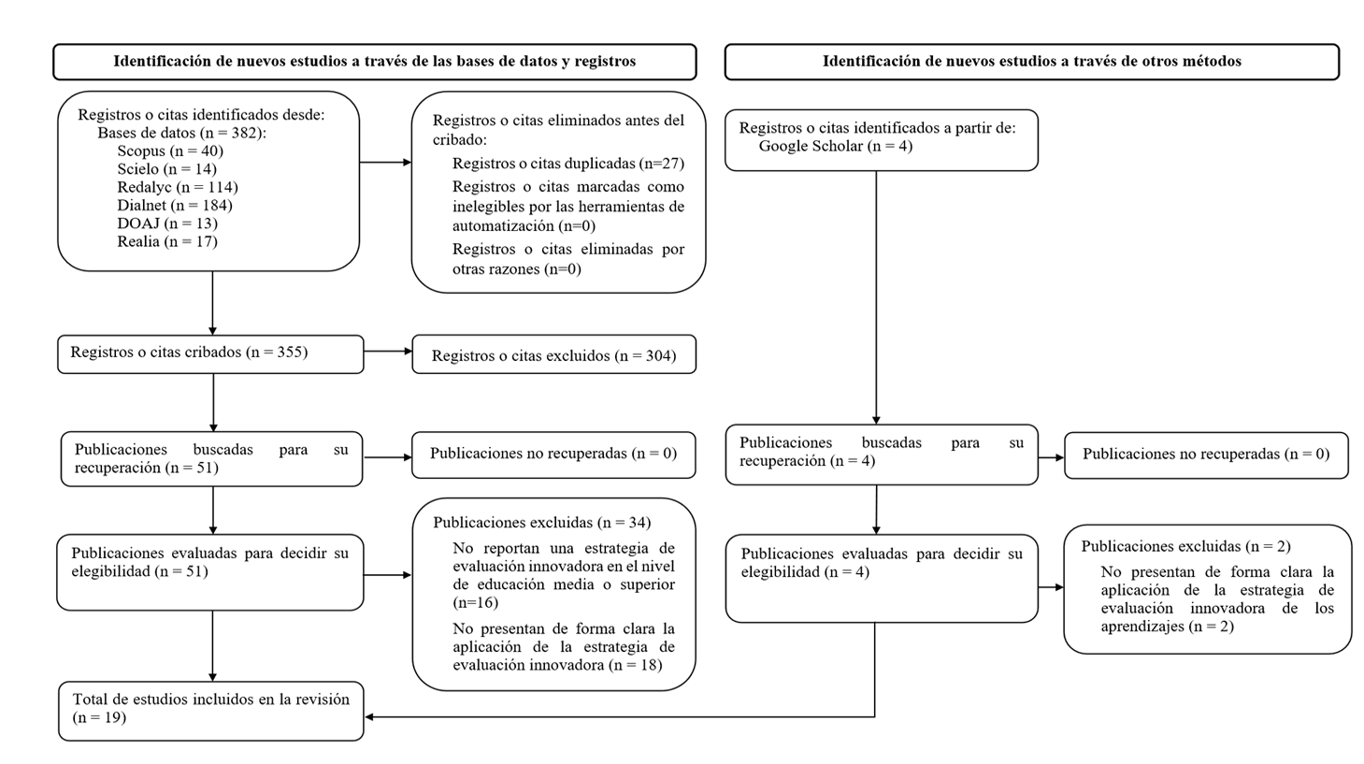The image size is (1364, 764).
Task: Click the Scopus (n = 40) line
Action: click(x=170, y=151)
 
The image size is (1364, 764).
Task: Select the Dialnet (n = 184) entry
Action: click(x=175, y=205)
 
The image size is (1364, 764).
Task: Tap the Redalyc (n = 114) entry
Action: click(x=178, y=187)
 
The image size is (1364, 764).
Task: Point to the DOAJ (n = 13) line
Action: click(x=167, y=223)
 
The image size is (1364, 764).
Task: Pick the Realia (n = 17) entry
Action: click(x=167, y=241)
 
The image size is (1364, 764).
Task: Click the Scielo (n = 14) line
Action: click(x=166, y=169)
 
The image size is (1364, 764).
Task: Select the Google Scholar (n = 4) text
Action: click(x=835, y=146)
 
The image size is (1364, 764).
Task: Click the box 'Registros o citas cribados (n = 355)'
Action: click(x=209, y=353)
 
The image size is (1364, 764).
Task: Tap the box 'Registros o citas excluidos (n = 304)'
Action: click(x=553, y=355)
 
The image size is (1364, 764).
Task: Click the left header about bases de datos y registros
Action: click(x=374, y=62)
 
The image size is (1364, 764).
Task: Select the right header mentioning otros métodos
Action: click(x=1031, y=62)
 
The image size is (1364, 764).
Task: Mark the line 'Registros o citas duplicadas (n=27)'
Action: click(x=568, y=164)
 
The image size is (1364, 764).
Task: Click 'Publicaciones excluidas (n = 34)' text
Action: click(x=542, y=522)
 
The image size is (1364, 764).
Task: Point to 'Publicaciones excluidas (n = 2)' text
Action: click(x=1185, y=546)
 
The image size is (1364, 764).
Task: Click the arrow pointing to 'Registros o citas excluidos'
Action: click(x=387, y=352)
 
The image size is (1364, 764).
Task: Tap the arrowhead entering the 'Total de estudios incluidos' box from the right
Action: click(x=370, y=717)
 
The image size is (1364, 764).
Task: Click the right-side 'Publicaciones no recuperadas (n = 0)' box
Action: click(x=1206, y=454)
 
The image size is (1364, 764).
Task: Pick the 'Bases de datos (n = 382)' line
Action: click(x=182, y=133)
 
